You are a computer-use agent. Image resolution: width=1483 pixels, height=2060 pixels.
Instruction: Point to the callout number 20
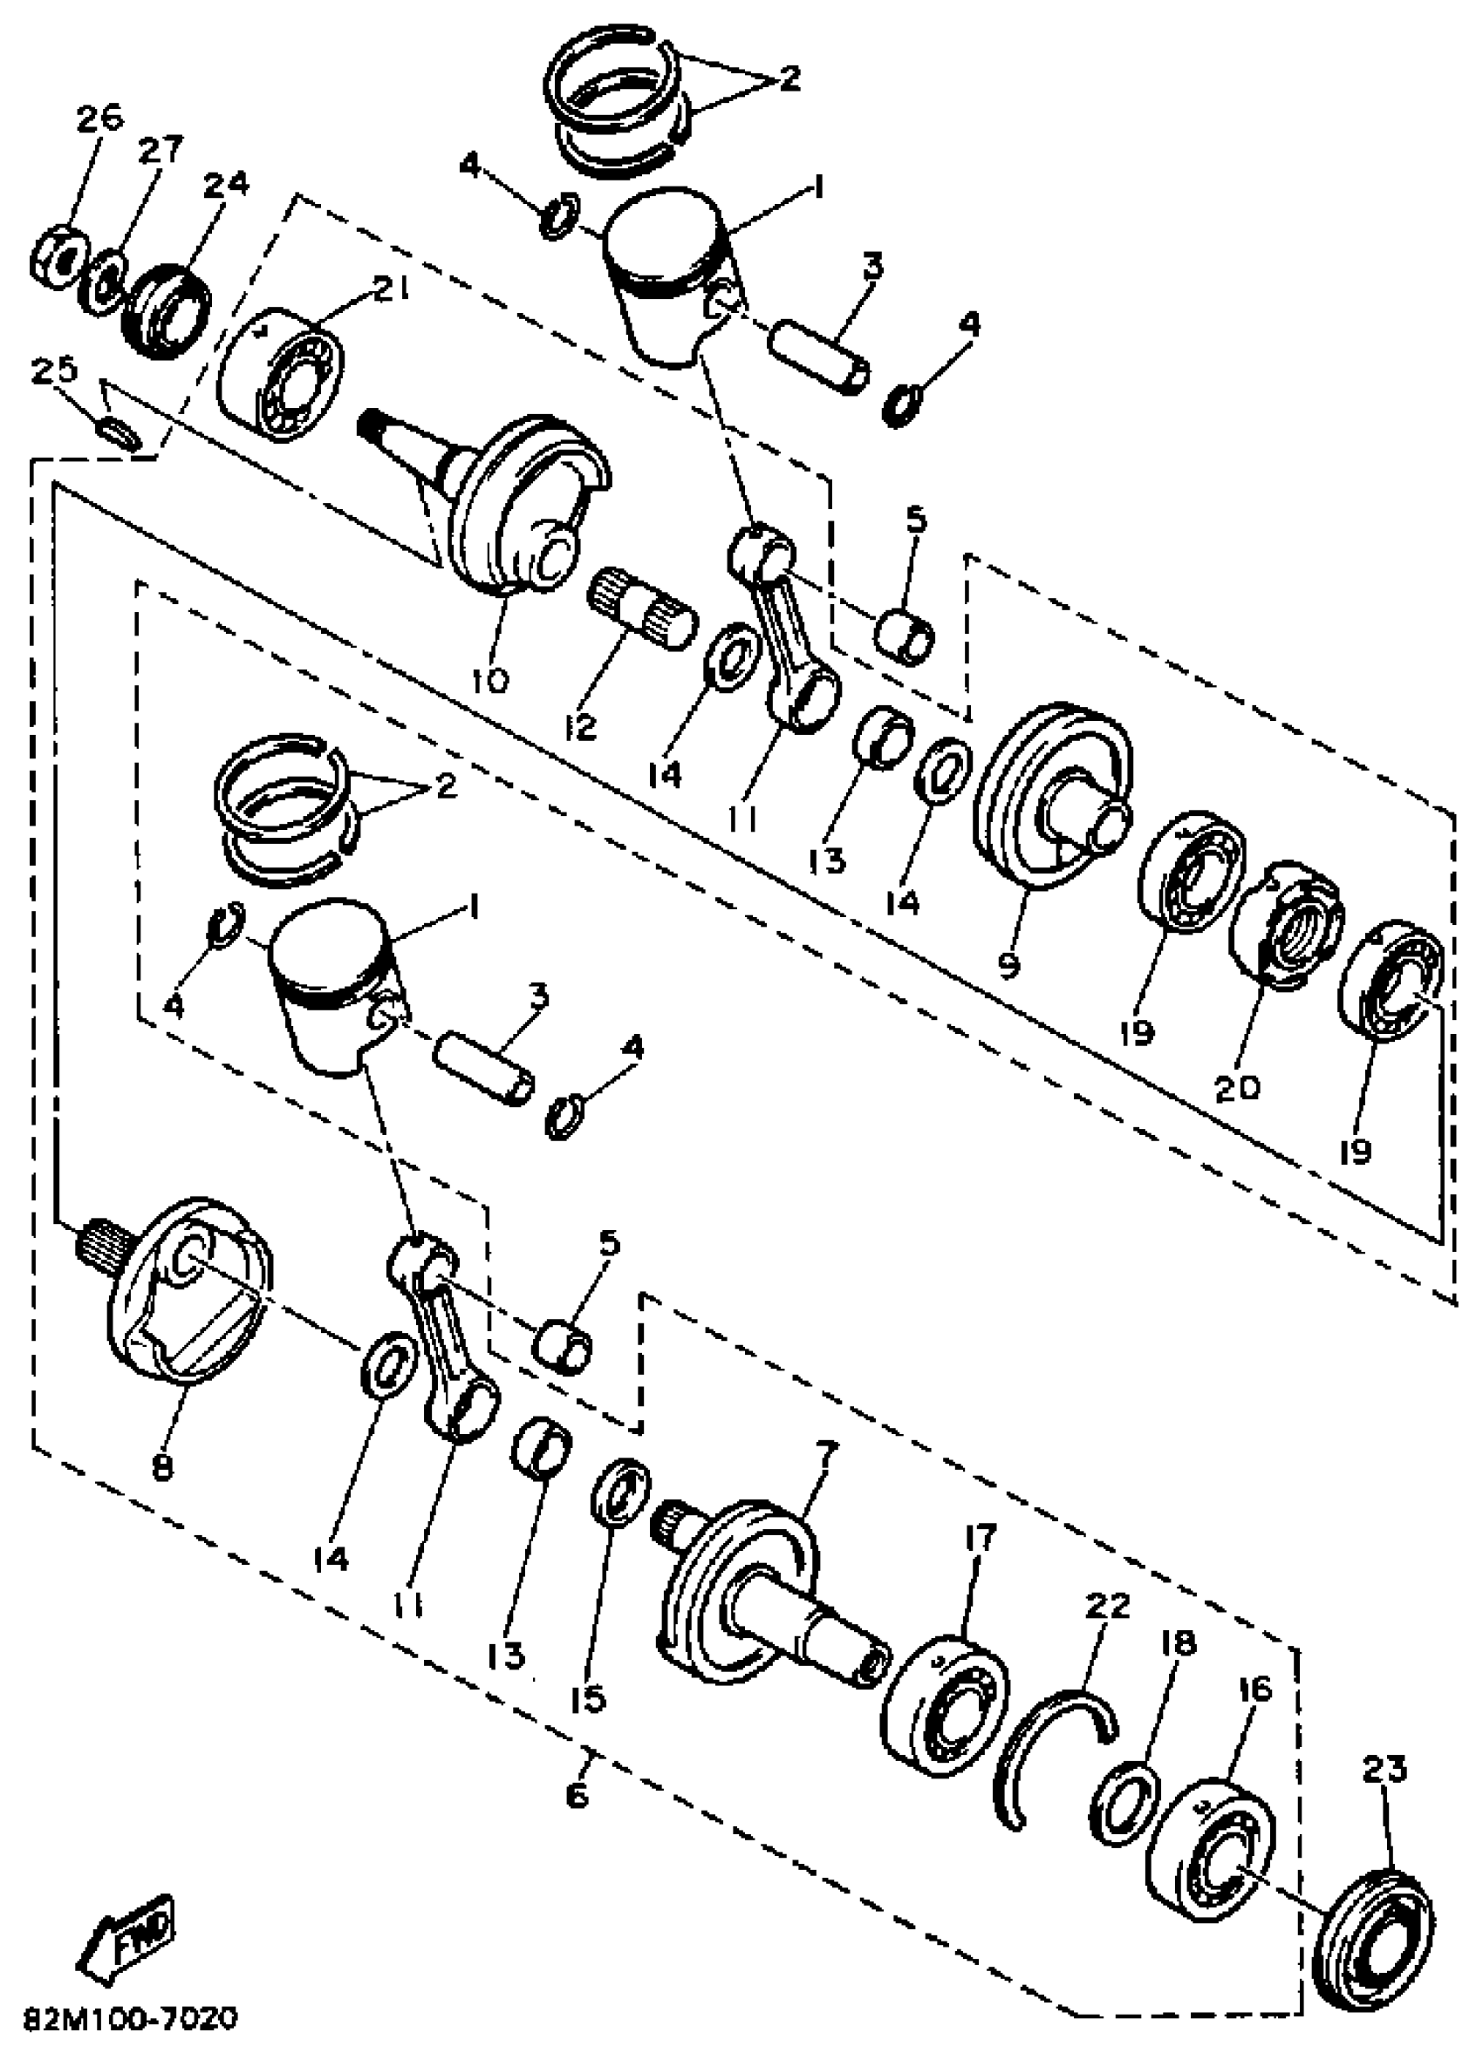point(1238,1088)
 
